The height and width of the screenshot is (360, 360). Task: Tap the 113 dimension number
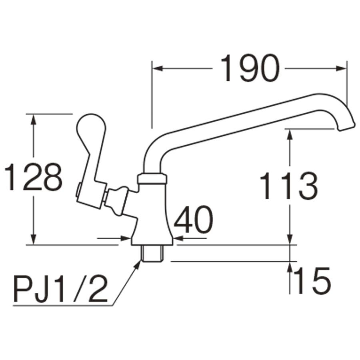coord(289,186)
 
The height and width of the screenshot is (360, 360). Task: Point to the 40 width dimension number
coord(193,221)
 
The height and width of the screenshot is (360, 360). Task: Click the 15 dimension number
coord(312,280)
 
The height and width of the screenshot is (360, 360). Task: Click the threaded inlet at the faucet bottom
coord(152,254)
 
